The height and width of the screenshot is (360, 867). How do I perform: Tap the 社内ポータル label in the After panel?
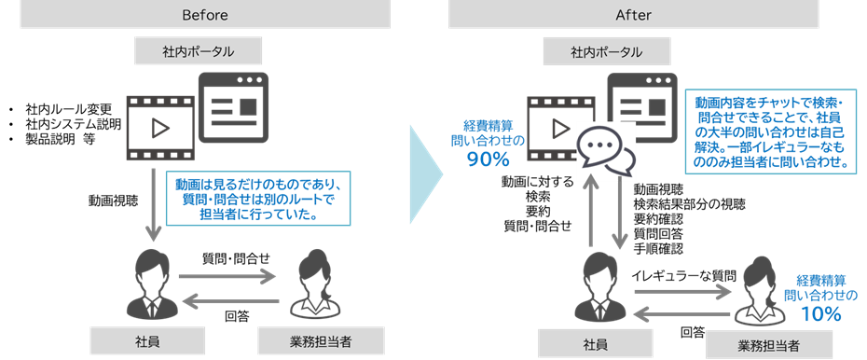pyautogui.click(x=606, y=50)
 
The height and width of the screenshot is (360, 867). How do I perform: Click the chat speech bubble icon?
pyautogui.click(x=606, y=150)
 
